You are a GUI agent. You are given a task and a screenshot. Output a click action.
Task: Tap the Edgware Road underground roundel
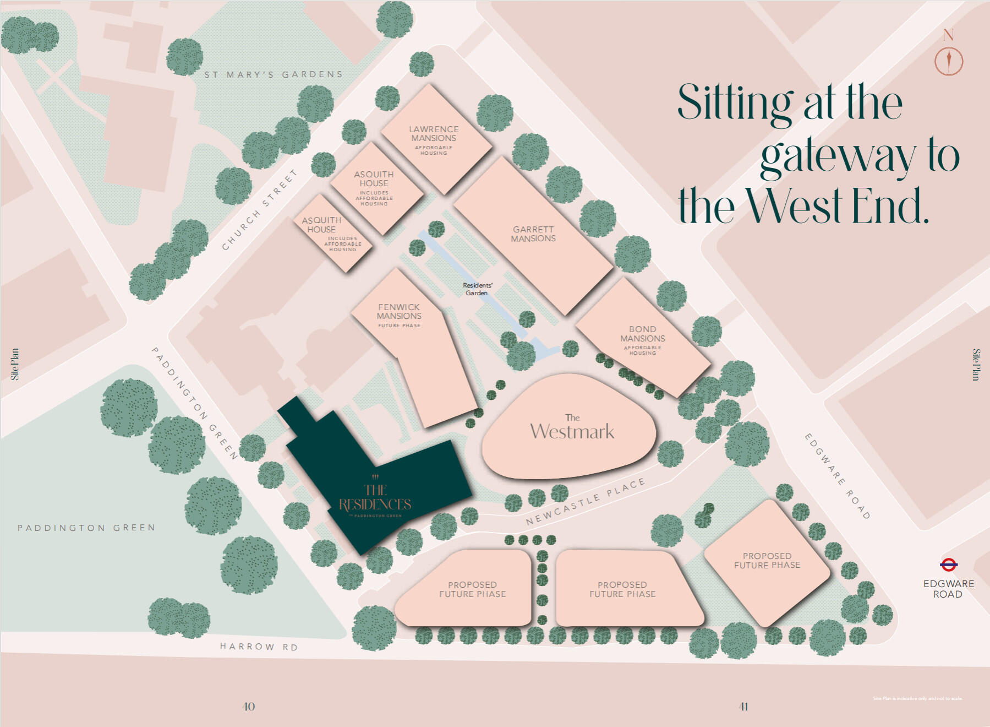point(949,565)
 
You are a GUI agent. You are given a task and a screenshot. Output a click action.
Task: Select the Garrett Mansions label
point(533,234)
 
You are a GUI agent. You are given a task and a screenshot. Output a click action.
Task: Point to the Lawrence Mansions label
point(434,134)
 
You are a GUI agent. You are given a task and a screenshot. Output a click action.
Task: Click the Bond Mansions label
point(643,334)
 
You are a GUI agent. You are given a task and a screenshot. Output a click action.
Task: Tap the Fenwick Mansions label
point(399,312)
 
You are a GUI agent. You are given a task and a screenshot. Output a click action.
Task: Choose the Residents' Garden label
point(477,289)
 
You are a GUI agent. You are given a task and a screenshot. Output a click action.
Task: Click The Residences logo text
point(375,498)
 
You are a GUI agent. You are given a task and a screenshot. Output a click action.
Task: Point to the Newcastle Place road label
point(585,502)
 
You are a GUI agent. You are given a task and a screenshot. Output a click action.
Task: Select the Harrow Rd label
point(259,647)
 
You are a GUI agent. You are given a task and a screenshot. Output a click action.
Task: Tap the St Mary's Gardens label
point(274,74)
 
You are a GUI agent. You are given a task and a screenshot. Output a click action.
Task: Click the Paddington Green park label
point(86,528)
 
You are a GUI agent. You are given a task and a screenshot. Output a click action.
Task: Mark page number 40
point(249,707)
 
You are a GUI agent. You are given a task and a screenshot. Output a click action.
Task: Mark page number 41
point(743,707)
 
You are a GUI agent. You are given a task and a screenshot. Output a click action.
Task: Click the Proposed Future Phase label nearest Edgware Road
point(767,561)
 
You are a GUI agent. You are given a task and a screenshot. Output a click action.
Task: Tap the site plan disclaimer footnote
point(917,698)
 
